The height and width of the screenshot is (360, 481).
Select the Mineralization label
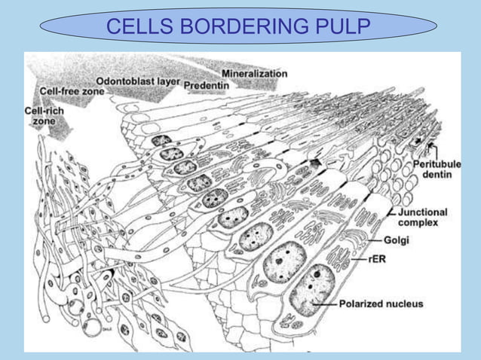coord(254,74)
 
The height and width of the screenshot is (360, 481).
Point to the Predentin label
coord(206,85)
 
